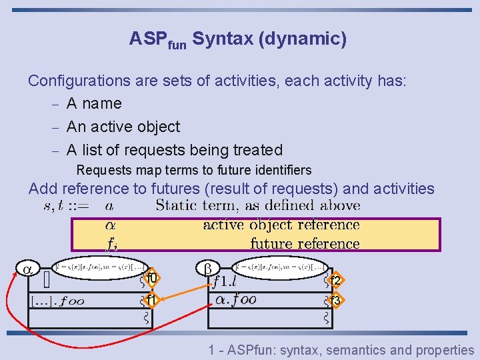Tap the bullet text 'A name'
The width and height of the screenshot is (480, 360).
(x=94, y=104)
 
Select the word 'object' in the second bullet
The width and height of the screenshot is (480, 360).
(x=155, y=127)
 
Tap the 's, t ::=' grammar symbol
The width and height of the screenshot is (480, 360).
(x=65, y=206)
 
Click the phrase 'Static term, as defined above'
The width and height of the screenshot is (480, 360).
(x=257, y=205)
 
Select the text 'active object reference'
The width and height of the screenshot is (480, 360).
(x=281, y=225)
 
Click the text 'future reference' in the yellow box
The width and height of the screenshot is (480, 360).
(x=305, y=244)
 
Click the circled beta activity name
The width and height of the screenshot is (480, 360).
(x=207, y=269)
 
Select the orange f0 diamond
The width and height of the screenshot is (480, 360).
(x=151, y=277)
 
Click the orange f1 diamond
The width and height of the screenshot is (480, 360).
(x=151, y=300)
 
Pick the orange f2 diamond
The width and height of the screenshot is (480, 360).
(x=335, y=280)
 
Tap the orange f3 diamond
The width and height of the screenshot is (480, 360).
(x=335, y=300)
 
